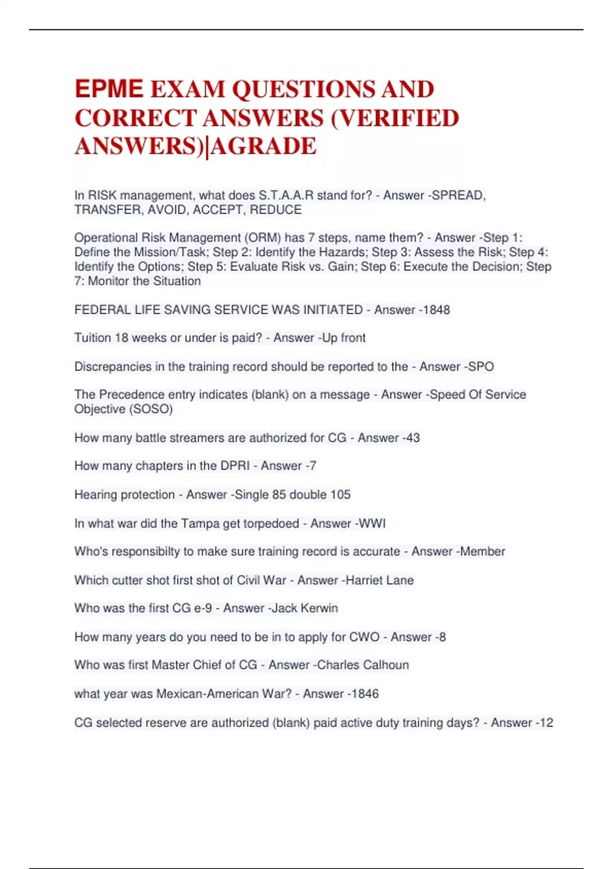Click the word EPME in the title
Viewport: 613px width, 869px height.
109,89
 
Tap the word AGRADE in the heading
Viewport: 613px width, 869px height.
264,146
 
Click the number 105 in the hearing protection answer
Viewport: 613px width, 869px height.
340,494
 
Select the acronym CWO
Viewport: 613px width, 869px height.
364,637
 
